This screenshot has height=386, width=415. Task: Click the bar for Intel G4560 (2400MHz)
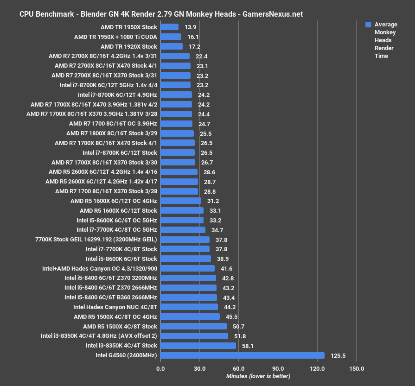point(242,355)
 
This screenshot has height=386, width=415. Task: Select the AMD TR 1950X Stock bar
point(169,27)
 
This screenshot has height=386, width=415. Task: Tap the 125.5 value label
point(338,355)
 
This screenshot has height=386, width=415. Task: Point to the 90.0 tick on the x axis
point(277,369)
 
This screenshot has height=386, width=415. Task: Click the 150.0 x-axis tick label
point(356,369)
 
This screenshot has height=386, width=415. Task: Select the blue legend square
point(368,25)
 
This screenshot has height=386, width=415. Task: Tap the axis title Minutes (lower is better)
point(258,376)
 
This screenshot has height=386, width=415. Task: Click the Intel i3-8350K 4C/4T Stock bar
point(198,346)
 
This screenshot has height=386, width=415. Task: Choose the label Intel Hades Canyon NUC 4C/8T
point(115,307)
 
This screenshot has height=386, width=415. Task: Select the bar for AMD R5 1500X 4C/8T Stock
point(193,326)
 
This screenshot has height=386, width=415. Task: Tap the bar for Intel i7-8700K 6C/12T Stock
point(178,152)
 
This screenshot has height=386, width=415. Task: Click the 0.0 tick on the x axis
point(160,369)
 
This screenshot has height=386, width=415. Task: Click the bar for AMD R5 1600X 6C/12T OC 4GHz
point(180,201)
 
